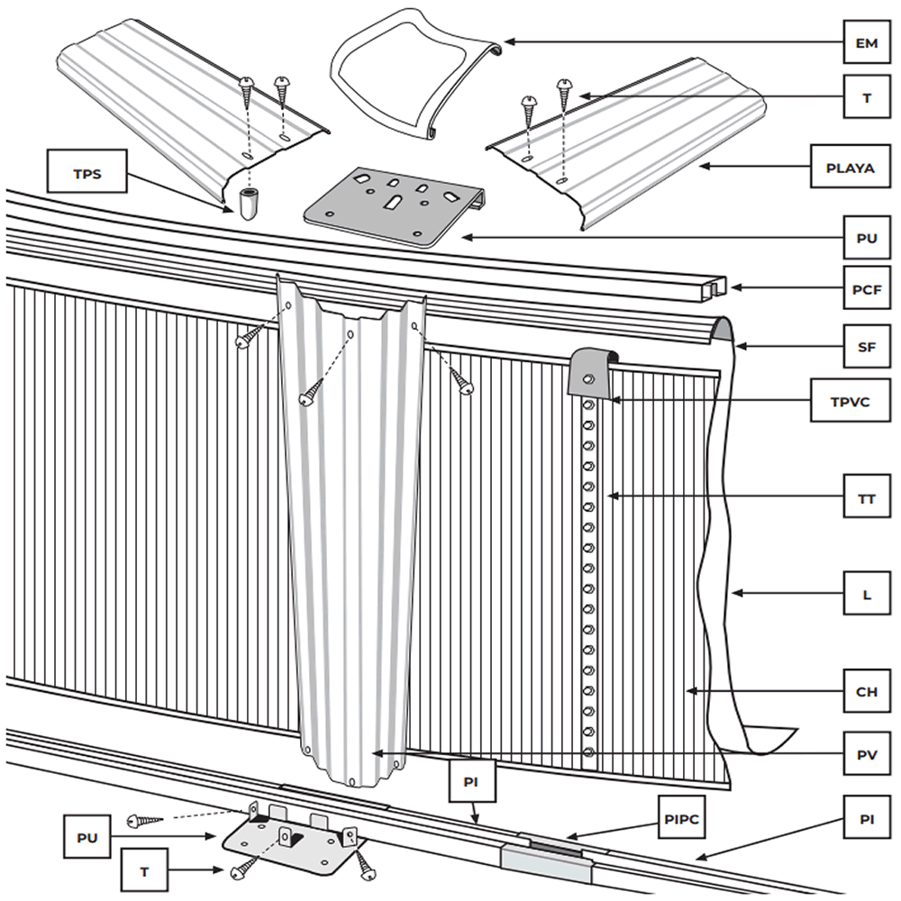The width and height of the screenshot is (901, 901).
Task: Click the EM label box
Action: coord(867,42)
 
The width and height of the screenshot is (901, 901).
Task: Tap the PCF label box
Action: coord(867,288)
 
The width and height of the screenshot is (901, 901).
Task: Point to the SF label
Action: coord(867,346)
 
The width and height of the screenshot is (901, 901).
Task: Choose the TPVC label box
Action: coord(851,400)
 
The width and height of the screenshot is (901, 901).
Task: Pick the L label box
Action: coord(867,593)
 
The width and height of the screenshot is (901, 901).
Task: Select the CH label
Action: coord(867,691)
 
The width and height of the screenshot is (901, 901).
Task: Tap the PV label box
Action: coord(867,753)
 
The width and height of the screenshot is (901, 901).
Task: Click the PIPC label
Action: coord(681,818)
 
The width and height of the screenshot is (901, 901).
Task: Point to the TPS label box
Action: coord(86,171)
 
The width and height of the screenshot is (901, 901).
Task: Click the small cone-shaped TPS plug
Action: coord(248,203)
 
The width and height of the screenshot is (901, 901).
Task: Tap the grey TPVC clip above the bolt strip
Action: coord(593,372)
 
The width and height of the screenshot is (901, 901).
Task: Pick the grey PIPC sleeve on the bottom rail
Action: coord(546,861)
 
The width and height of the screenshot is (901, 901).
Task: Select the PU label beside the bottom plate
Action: coord(87,837)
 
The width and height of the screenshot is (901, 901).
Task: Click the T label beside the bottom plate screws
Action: coord(144,870)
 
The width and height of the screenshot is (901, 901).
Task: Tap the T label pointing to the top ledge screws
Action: coord(867,97)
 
